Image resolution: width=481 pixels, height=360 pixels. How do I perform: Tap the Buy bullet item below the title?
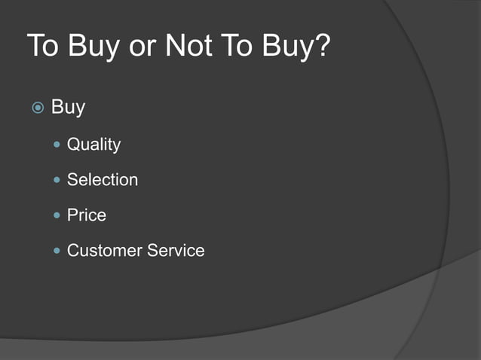click(x=68, y=108)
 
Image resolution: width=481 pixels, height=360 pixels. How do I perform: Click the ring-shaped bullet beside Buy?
click(x=38, y=108)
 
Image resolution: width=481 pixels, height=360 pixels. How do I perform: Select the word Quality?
click(x=93, y=145)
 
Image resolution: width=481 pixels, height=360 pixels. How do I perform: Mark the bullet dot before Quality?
click(x=58, y=144)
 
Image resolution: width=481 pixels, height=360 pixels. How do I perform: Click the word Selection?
click(x=103, y=180)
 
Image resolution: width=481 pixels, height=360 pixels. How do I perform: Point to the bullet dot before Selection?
click(x=58, y=179)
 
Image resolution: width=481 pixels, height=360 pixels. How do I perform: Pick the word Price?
click(x=87, y=215)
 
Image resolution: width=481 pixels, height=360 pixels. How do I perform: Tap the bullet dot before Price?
click(x=58, y=215)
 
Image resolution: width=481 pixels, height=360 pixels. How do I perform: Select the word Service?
click(x=176, y=251)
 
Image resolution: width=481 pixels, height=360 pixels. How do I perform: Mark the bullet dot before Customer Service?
click(x=58, y=250)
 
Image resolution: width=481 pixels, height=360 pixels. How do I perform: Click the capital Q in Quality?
click(x=73, y=144)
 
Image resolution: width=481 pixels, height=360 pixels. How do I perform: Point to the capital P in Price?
click(x=72, y=215)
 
